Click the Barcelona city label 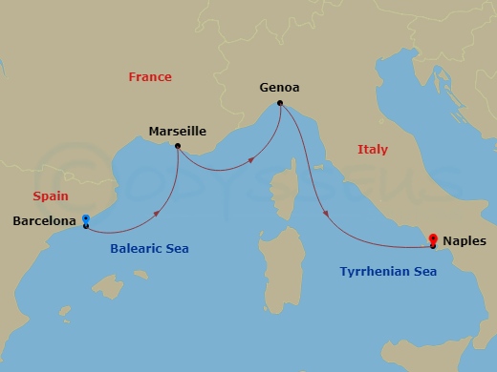tap(43, 221)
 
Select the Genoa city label tap(279, 88)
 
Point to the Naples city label tap(465, 242)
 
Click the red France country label tap(151, 77)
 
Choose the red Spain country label tap(50, 196)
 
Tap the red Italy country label tap(373, 150)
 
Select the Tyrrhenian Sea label tap(388, 272)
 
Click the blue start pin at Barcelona tap(85, 218)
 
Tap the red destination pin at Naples tap(434, 238)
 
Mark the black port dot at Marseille tap(178, 146)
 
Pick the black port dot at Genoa tap(279, 103)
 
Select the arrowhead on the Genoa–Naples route tap(328, 213)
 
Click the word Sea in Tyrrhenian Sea tap(423, 272)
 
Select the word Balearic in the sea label tap(132, 249)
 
